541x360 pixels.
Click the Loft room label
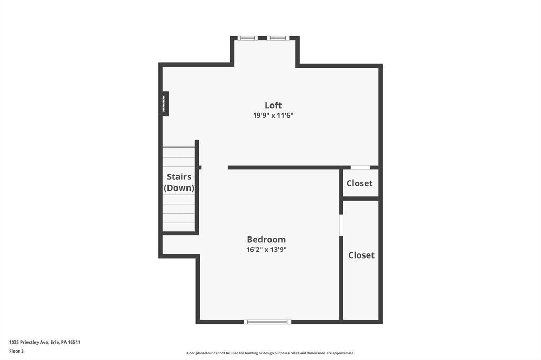273,105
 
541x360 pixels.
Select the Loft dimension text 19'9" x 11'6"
273,115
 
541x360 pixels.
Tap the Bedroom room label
266,239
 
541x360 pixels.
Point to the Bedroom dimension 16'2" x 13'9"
266,249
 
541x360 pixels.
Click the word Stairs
179,177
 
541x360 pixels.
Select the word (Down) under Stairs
179,188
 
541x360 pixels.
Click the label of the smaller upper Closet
359,183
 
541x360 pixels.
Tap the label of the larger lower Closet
361,255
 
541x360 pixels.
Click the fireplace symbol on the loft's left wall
165,103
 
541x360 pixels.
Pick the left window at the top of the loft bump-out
247,38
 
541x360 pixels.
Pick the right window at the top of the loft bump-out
278,38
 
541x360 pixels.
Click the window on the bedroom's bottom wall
267,322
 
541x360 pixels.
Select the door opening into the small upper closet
360,167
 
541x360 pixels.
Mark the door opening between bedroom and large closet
341,225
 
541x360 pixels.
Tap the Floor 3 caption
16,352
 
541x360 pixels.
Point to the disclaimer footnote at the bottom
270,353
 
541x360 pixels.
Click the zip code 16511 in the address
74,343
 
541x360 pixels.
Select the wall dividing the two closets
361,198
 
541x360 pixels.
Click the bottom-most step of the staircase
179,227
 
